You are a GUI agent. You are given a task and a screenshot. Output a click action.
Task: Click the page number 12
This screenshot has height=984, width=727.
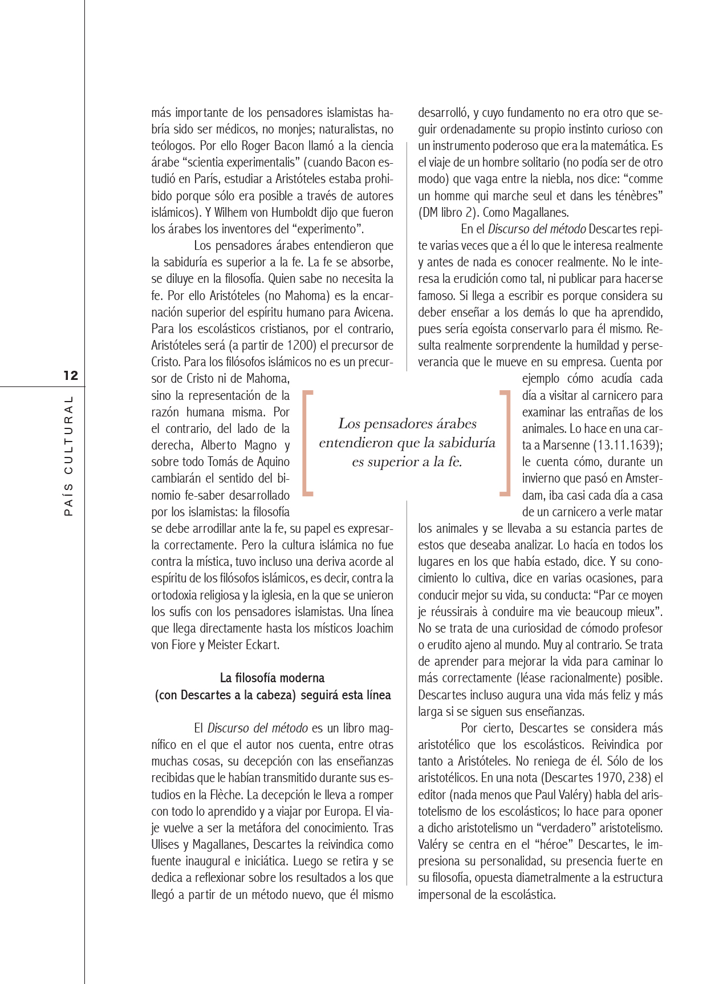71,375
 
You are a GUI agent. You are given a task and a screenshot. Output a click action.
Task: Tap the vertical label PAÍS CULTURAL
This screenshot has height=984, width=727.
69,456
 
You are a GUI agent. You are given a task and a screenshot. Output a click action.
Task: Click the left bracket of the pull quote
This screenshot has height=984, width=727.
307,442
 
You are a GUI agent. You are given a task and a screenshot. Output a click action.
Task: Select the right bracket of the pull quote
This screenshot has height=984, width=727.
504,442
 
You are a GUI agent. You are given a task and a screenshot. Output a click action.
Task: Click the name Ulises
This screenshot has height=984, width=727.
166,845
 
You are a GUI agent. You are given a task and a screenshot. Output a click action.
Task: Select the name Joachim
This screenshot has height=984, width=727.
375,629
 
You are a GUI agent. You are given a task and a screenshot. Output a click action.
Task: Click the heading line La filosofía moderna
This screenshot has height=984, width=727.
272,678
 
